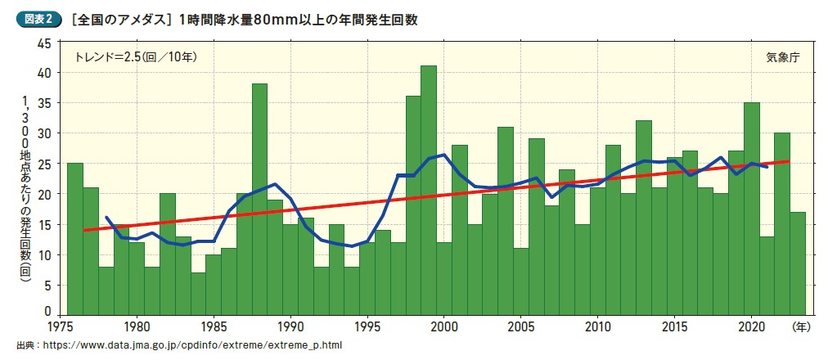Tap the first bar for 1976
tap(74, 238)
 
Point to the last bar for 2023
tap(798, 263)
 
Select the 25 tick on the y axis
tap(45, 164)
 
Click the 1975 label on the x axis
tap(60, 326)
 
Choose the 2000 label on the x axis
tap(443, 326)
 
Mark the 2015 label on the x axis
tap(675, 326)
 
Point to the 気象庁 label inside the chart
tap(781, 57)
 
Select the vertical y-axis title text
tap(25, 188)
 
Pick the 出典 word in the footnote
tap(27, 345)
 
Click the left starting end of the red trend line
tap(84, 230)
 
